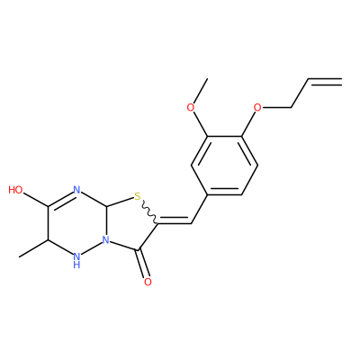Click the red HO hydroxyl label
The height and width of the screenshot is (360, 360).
(15, 190)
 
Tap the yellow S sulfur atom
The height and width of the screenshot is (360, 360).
(138, 197)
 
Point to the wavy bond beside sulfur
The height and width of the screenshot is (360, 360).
(148, 211)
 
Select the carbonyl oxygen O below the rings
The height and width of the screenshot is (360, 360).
(148, 282)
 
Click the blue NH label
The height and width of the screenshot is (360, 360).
(76, 260)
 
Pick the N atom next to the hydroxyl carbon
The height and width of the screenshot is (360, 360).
(76, 190)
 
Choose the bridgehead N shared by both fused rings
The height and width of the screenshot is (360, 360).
(105, 240)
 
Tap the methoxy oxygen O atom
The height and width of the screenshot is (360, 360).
(191, 107)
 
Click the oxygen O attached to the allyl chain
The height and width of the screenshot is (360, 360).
(257, 107)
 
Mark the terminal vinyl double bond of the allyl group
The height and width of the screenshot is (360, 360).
(325, 81)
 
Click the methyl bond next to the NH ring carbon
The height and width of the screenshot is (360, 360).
(33, 248)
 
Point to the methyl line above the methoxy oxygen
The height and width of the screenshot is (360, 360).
(200, 90)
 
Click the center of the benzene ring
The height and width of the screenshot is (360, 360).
(224, 166)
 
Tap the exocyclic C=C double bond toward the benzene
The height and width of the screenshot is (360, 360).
(175, 221)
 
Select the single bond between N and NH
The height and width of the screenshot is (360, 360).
(91, 247)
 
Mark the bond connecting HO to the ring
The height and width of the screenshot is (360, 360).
(35, 200)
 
